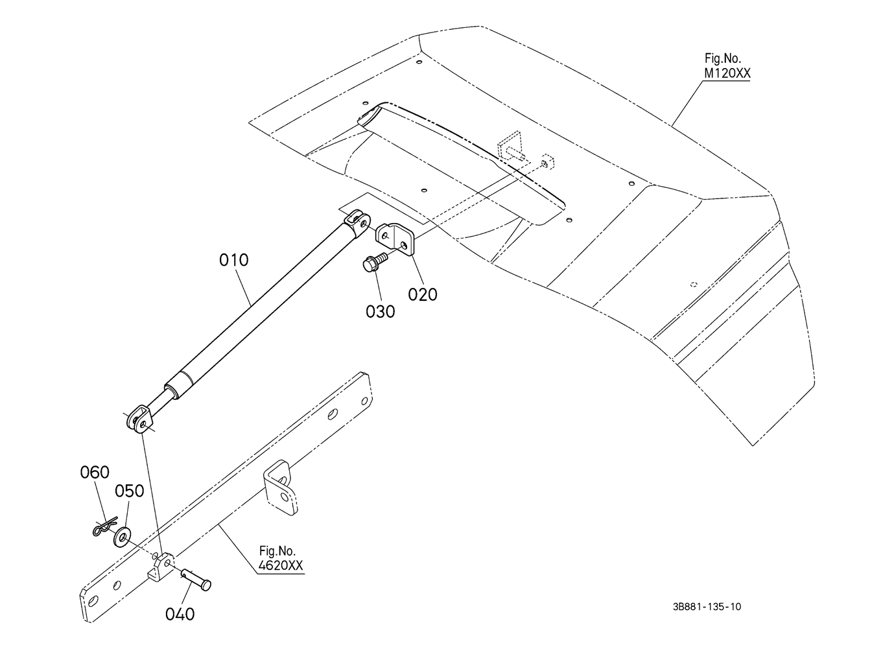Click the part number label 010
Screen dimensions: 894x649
(234, 260)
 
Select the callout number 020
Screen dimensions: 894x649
(423, 294)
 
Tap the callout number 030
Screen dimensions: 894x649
(381, 312)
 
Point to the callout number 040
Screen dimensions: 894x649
(180, 614)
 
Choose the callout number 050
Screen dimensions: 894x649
(129, 491)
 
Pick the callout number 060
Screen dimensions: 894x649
(95, 473)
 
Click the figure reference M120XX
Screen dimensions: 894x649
(727, 73)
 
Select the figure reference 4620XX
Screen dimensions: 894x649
(281, 565)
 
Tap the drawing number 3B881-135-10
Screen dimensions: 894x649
(707, 607)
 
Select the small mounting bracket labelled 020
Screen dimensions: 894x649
(395, 239)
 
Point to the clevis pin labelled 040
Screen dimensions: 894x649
(196, 580)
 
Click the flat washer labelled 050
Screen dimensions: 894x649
(122, 537)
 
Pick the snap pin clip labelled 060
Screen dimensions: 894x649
(104, 526)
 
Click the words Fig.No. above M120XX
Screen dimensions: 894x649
(723, 58)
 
